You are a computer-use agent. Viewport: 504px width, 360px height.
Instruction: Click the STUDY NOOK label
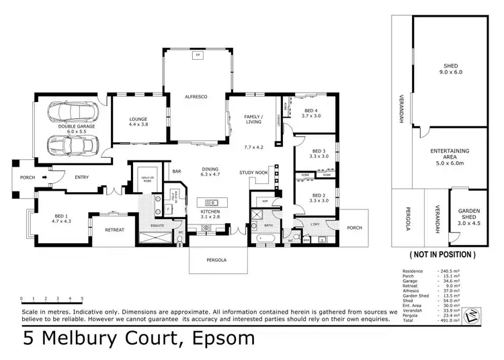pos(253,173)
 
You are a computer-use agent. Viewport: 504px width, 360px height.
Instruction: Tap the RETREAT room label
pos(115,230)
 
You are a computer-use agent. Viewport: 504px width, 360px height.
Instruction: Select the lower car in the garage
pos(72,144)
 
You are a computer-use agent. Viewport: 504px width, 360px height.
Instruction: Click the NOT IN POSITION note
pos(442,255)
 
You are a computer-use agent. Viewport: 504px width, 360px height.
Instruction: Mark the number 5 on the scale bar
pos(82,298)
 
